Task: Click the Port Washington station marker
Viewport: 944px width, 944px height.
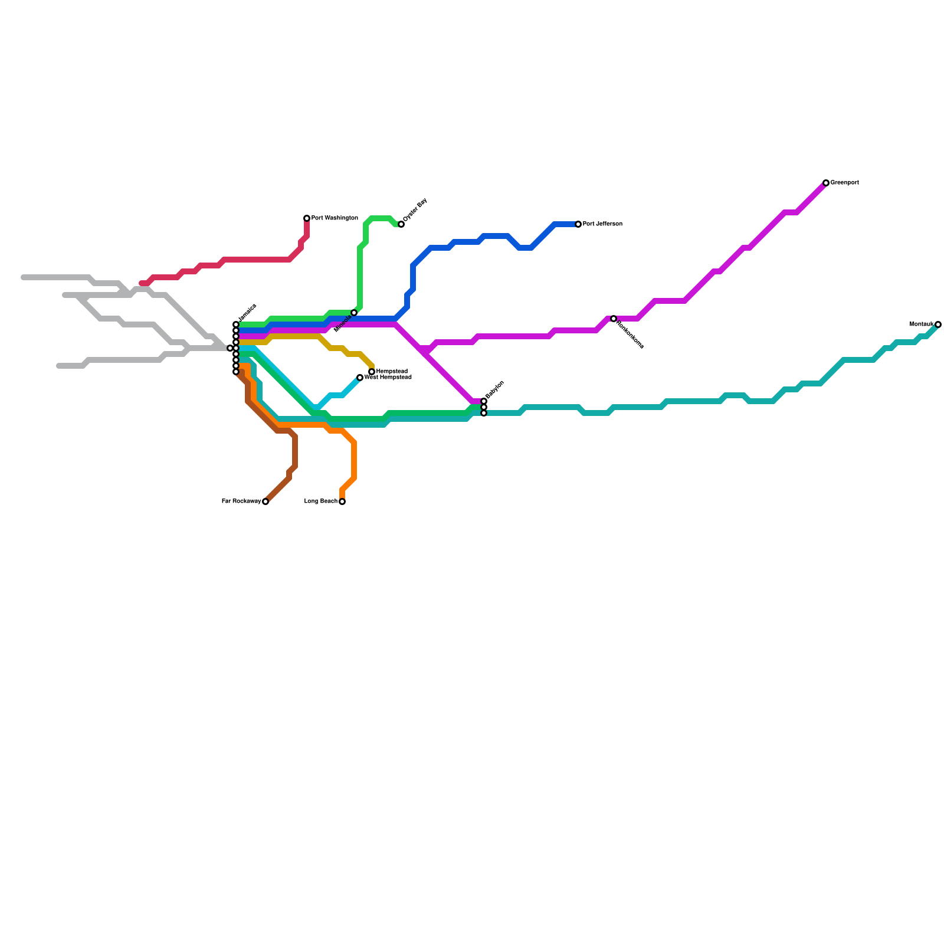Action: coord(307,218)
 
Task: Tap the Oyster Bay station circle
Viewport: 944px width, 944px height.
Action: coord(401,224)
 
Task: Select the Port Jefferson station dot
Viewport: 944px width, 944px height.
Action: coord(578,224)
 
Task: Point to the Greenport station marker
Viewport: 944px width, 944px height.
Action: coord(826,183)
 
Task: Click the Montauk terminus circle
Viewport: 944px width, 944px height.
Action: coord(938,324)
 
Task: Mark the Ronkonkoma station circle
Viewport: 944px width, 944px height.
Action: coord(614,319)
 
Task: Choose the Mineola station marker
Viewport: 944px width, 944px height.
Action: coord(354,313)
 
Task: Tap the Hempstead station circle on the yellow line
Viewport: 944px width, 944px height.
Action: coord(372,372)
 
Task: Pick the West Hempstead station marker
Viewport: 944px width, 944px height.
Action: coord(360,378)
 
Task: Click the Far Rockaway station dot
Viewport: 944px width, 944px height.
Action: coord(265,501)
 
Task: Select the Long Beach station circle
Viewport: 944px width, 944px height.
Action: coord(342,501)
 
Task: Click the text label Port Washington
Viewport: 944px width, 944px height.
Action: coord(335,218)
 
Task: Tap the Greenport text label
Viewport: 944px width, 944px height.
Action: coord(844,183)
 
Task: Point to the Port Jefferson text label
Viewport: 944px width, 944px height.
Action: coord(602,224)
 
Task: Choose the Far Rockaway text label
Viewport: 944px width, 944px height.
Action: coord(241,501)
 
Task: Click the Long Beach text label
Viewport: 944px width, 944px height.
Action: coord(321,501)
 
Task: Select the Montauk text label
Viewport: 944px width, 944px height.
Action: coord(922,324)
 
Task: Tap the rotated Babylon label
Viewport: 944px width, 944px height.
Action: coord(495,389)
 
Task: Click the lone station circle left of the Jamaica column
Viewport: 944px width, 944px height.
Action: coord(230,348)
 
